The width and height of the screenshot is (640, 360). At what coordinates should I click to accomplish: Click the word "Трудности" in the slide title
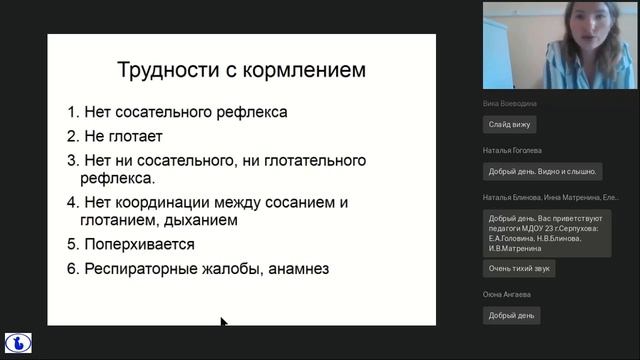[160, 70]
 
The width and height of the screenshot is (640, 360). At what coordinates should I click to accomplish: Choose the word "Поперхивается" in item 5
[139, 244]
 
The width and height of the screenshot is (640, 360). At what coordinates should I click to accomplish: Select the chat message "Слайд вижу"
[509, 124]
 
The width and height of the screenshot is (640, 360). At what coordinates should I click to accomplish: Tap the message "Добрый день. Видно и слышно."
[541, 171]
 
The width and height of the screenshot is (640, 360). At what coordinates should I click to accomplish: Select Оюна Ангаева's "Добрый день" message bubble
[509, 315]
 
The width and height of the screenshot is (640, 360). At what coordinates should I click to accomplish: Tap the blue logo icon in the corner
[18, 342]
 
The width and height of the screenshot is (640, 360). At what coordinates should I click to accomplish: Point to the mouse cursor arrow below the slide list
[224, 322]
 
